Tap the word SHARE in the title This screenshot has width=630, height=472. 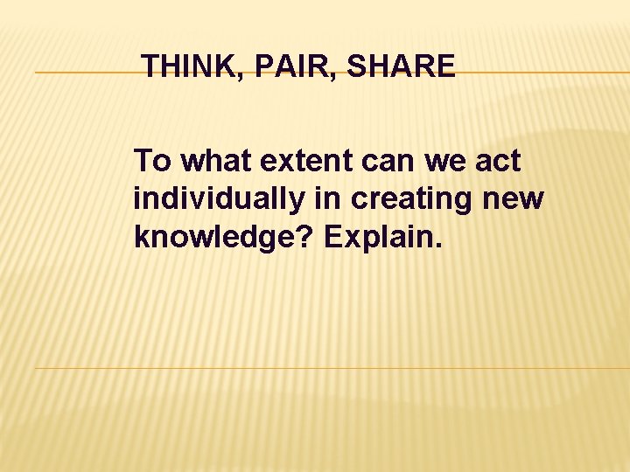coord(401,66)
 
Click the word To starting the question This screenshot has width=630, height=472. coord(153,162)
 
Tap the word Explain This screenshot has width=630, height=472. coord(378,239)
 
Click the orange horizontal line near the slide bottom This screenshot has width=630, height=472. coord(332,368)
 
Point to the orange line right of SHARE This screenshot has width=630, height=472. coord(542,73)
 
